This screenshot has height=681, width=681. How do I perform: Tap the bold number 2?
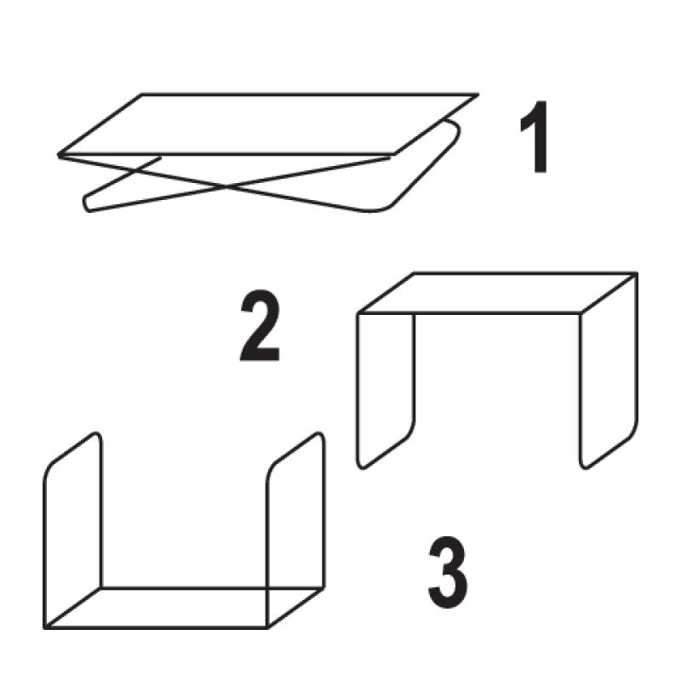(x=260, y=325)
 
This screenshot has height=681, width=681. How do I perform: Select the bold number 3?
(x=448, y=572)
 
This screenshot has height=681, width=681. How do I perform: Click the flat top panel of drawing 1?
(x=268, y=124)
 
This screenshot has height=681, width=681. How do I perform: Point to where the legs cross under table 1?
(x=226, y=186)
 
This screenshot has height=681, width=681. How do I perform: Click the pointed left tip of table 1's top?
(x=59, y=155)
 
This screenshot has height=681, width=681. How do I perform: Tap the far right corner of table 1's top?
(x=478, y=94)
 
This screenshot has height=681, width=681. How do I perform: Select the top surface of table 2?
(x=498, y=293)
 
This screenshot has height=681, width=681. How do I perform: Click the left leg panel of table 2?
(x=386, y=391)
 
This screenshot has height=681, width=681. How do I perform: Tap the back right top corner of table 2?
(x=637, y=273)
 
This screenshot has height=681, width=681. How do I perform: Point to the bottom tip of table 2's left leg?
(x=361, y=467)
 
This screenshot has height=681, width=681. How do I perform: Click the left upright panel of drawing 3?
(x=73, y=529)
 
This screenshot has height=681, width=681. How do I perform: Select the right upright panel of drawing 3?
(x=296, y=529)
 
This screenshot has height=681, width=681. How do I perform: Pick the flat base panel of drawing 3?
(x=184, y=608)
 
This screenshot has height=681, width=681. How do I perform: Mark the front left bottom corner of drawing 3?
(x=45, y=627)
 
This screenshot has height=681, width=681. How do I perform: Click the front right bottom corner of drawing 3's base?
(x=267, y=627)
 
